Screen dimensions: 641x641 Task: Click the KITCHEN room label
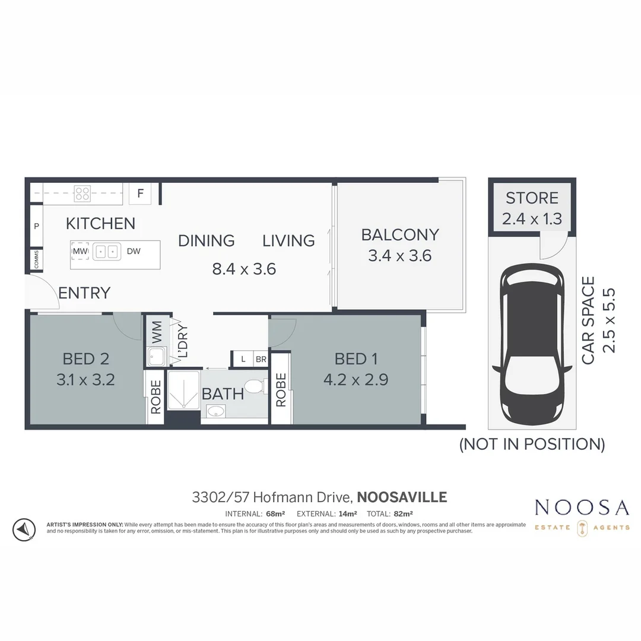pyautogui.click(x=100, y=224)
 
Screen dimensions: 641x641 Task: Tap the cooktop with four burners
pyautogui.click(x=82, y=193)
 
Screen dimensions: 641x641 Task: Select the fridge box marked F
pyautogui.click(x=140, y=193)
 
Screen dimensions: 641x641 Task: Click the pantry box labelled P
pyautogui.click(x=36, y=226)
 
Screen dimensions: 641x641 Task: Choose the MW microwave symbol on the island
pyautogui.click(x=80, y=252)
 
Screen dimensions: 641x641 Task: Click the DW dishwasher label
pyautogui.click(x=134, y=252)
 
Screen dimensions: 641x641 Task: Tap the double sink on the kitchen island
pyautogui.click(x=106, y=252)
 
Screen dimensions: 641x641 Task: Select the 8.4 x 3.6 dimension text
pyautogui.click(x=244, y=269)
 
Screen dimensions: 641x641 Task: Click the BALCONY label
pyautogui.click(x=400, y=235)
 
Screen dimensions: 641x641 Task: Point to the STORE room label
pyautogui.click(x=532, y=198)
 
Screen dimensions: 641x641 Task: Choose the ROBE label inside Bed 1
pyautogui.click(x=281, y=389)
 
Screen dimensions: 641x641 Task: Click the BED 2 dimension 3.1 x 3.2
pyautogui.click(x=85, y=379)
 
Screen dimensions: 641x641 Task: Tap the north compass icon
pyautogui.click(x=23, y=529)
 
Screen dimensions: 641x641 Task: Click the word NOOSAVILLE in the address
pyautogui.click(x=402, y=497)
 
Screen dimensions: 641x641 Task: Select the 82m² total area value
pyautogui.click(x=402, y=514)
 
